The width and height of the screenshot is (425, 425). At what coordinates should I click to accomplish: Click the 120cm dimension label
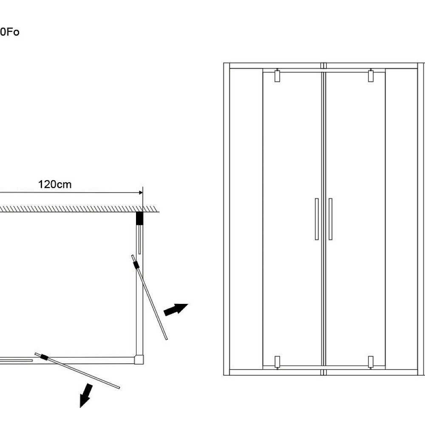55,184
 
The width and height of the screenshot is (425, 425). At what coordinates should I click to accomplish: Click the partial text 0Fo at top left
9,32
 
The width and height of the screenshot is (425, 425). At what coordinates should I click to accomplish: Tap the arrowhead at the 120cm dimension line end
140,193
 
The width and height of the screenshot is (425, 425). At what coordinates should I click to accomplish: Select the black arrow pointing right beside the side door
176,309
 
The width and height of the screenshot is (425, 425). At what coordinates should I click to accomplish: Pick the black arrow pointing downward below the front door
86,395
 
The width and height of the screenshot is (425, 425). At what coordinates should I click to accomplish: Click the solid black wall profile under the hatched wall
139,218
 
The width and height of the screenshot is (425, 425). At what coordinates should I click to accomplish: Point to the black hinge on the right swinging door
136,265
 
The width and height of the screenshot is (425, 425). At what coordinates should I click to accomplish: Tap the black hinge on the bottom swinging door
43,357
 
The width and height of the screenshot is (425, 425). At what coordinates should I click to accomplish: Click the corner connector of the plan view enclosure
139,360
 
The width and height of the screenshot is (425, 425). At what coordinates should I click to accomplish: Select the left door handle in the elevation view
317,219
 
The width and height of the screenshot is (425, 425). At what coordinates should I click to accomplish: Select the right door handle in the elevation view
330,219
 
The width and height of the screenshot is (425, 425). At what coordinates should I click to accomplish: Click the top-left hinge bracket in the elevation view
277,76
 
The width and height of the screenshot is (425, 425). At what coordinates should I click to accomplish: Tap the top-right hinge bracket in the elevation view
371,76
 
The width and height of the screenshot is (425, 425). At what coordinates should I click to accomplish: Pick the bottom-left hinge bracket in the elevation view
277,362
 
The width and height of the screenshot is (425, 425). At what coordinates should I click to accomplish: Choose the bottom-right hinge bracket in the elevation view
371,362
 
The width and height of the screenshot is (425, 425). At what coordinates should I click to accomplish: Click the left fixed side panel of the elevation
246,219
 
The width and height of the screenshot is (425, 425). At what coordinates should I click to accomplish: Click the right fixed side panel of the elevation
401,219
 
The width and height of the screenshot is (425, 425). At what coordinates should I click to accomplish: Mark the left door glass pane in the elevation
292,170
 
